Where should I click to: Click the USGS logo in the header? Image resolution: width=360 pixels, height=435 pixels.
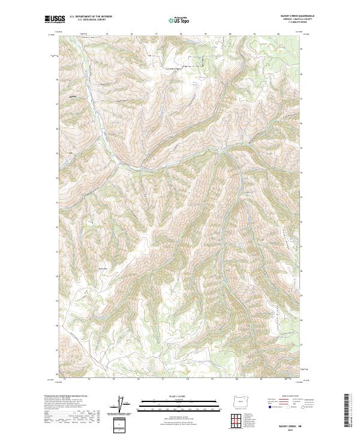(x=55, y=19)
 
